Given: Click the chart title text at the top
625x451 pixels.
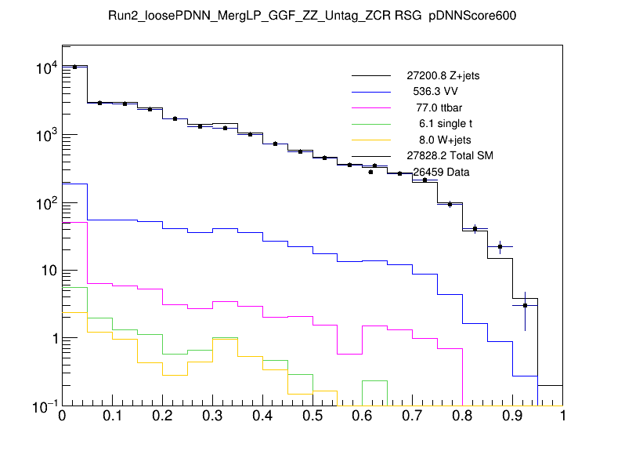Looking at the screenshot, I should [312, 15].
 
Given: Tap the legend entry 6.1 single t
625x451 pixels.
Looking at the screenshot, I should [443, 124].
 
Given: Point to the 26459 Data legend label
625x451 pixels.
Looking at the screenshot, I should [441, 172].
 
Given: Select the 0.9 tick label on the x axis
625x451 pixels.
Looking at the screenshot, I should [513, 416].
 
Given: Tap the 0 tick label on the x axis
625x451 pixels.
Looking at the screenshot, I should [62, 416].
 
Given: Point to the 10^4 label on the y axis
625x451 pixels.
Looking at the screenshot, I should [45, 68].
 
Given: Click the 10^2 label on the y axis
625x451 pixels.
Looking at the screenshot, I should [45, 203].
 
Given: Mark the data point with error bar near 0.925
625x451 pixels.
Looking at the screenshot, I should [526, 305].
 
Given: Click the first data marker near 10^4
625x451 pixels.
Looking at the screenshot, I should [74, 67].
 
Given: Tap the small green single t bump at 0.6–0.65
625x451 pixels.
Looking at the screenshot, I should [375, 381].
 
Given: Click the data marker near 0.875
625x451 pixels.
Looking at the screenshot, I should [500, 246].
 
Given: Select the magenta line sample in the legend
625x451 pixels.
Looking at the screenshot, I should [370, 108].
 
